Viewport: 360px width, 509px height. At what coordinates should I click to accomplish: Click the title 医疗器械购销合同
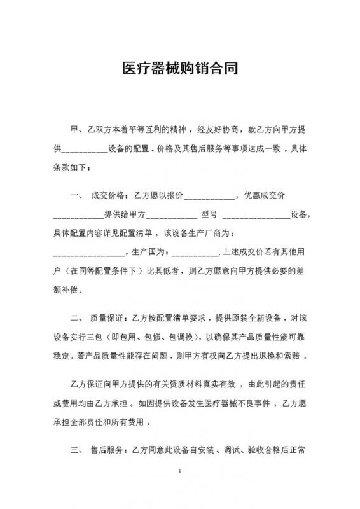180,69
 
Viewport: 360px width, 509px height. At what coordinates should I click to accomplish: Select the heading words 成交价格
109,195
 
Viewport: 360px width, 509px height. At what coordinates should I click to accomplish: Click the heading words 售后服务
109,450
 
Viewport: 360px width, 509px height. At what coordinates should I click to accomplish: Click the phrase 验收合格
260,450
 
